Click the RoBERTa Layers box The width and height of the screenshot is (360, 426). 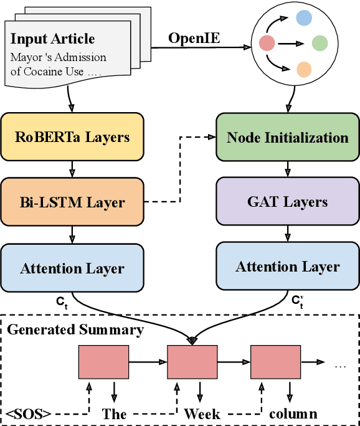[x=72, y=137]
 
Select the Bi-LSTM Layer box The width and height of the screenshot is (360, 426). [x=72, y=202]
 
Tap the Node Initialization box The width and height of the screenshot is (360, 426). [x=287, y=137]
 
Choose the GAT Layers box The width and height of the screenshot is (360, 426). [x=287, y=202]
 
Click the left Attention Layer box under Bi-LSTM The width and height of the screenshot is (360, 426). [x=72, y=268]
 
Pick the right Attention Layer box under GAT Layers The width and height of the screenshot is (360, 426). [x=287, y=267]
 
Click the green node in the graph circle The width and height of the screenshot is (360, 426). [x=320, y=43]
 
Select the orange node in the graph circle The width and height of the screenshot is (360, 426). [x=304, y=69]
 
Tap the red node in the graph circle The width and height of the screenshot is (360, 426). [x=267, y=43]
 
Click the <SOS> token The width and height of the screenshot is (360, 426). [x=29, y=414]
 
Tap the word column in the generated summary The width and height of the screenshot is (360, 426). [x=293, y=414]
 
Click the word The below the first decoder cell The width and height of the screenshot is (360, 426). [x=115, y=414]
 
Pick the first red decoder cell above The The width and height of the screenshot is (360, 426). [x=103, y=361]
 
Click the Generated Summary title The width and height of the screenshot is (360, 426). [x=75, y=329]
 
